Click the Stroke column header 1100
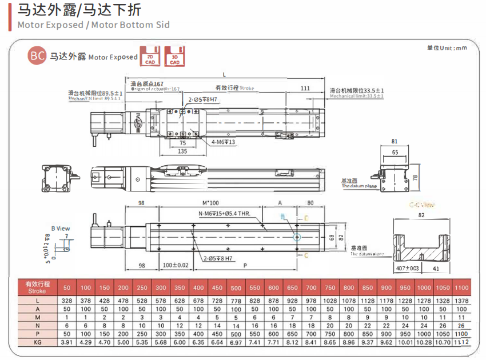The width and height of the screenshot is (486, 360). [x=461, y=287]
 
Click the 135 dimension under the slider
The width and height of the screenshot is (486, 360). [x=183, y=151]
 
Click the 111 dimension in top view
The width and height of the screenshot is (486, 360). [x=305, y=88]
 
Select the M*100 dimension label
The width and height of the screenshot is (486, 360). [x=211, y=203]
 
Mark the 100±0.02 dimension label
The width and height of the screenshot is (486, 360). [x=175, y=265]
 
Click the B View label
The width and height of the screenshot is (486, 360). [x=60, y=228]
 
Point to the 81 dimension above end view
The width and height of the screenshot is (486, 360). [x=395, y=141]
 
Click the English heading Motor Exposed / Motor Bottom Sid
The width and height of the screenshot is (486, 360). [x=94, y=25]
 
